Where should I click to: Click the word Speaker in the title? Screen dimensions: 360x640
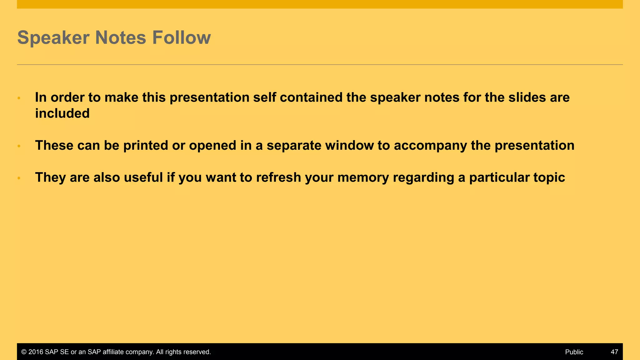53,38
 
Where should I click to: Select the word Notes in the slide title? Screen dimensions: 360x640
121,38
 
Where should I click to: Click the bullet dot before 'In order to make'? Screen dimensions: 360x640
19,98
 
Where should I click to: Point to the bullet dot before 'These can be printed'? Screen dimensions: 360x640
19,146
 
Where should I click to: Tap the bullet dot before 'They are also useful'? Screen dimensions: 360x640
19,178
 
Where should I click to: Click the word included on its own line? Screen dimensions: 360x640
62,113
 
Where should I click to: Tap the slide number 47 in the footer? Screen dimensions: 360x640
614,352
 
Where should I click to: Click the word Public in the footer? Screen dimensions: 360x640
574,352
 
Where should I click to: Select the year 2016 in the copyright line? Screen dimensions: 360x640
36,352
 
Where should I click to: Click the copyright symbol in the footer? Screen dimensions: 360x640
24,352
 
